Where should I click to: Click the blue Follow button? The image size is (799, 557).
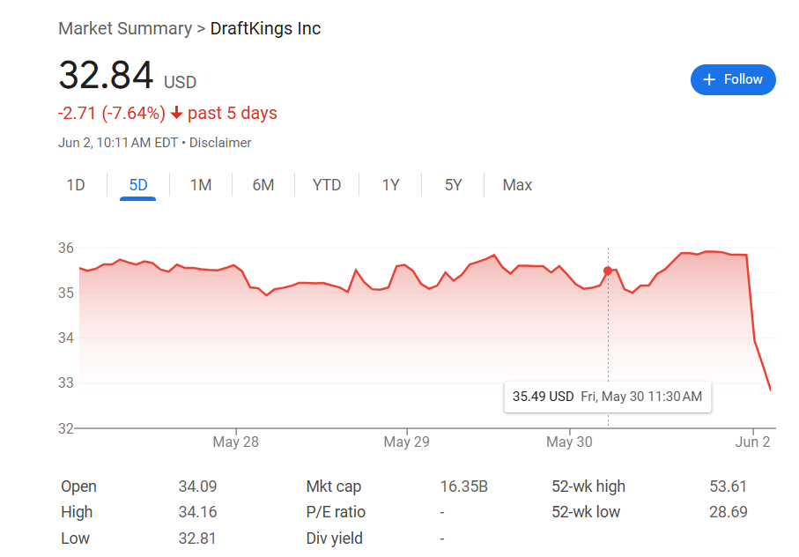click(733, 79)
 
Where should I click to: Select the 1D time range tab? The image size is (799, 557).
click(76, 185)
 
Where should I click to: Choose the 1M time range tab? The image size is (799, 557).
click(201, 185)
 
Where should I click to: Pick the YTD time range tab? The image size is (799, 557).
click(327, 185)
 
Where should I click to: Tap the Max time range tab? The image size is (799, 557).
click(517, 185)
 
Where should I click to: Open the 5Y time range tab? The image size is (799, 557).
click(453, 185)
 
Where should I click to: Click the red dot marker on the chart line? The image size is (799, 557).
click(608, 271)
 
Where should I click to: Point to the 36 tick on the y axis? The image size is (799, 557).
click(66, 248)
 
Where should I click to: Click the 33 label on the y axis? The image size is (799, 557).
click(66, 383)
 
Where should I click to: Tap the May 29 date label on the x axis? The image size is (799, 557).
click(406, 442)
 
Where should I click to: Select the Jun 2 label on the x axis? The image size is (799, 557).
click(753, 442)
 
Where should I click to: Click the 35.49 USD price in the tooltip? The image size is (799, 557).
click(543, 397)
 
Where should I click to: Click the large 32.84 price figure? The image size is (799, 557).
click(107, 76)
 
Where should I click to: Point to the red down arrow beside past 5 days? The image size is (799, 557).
click(176, 114)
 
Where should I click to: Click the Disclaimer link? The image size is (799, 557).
click(220, 143)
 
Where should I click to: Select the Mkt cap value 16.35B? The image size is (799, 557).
click(463, 486)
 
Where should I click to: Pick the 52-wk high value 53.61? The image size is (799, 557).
click(728, 486)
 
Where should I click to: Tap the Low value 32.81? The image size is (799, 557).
click(197, 538)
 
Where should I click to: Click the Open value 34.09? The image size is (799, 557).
click(197, 486)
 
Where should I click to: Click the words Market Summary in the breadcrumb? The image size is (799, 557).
click(124, 29)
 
